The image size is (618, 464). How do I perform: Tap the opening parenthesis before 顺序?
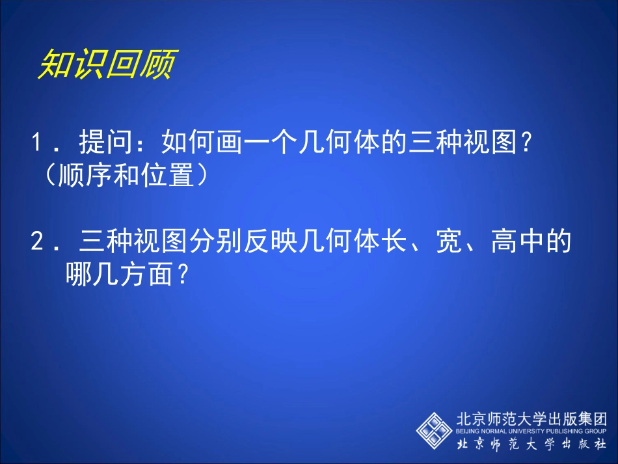point(49,176)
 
